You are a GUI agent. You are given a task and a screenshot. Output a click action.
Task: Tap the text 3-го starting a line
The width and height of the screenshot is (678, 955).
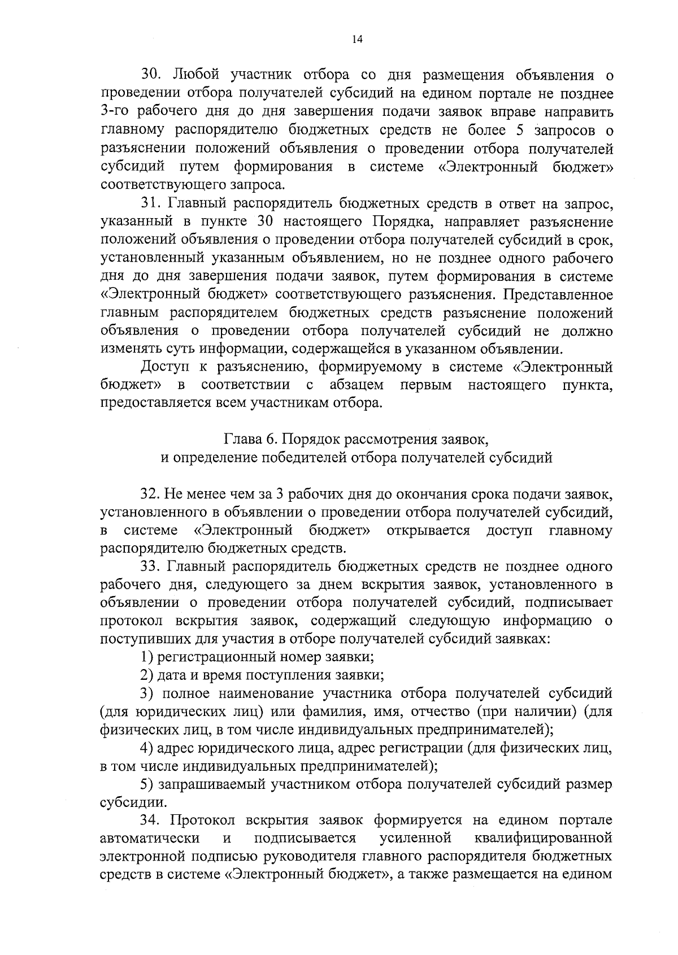[116, 111]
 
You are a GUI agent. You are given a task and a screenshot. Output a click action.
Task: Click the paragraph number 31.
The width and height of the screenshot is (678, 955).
[151, 203]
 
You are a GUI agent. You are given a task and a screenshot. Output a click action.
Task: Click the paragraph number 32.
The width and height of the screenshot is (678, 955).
[151, 494]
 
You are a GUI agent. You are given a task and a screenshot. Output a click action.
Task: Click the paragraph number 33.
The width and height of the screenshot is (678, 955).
[151, 567]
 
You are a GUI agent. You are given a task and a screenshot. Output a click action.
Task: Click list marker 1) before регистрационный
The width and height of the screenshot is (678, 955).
[147, 657]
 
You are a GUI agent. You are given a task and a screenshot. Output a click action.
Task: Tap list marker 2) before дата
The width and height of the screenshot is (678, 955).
[147, 675]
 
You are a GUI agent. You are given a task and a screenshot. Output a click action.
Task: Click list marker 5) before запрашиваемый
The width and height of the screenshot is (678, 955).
[147, 784]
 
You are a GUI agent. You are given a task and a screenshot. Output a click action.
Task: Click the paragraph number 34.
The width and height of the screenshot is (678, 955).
[151, 821]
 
